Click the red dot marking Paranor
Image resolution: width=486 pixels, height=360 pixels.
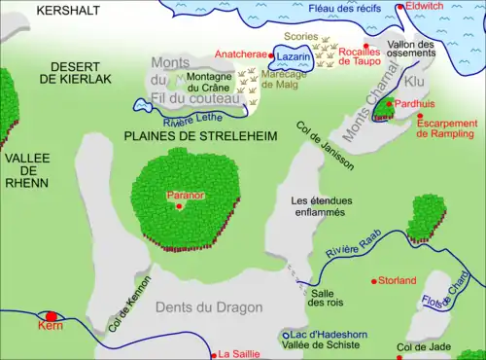(179, 205)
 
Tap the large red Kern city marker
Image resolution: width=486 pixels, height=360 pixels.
(52, 316)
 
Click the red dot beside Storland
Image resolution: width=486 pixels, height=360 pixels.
(375, 281)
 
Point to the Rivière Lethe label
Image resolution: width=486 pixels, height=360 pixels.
(190, 119)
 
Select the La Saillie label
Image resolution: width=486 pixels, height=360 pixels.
(241, 354)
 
